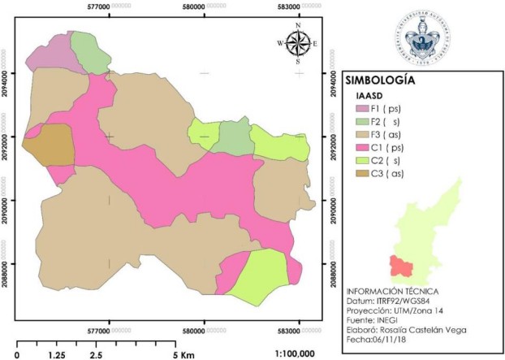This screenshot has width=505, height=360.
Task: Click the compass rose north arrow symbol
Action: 298,43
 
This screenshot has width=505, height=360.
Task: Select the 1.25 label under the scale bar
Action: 57,355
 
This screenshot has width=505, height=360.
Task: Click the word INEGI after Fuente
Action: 391,320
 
